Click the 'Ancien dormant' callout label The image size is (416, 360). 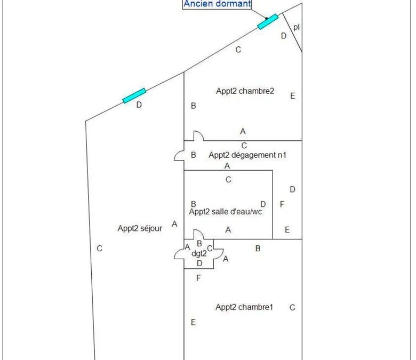pos(217,4)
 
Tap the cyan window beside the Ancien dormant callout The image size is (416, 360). pos(268,21)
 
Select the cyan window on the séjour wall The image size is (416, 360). pos(134,95)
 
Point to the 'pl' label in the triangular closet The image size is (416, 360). pos(297,27)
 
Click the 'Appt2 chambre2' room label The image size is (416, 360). pos(245,91)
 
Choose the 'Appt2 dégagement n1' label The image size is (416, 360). pos(247,155)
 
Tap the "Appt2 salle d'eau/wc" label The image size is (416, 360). pos(226,212)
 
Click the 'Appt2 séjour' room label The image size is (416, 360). pos(140,228)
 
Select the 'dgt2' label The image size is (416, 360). pos(199,254)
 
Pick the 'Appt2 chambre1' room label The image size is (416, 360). pos(244,307)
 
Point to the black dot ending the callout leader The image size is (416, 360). pos(267,19)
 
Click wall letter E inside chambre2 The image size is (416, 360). pos(293,96)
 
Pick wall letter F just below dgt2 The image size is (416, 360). pos(198,278)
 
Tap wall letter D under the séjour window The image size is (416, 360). pos(139,105)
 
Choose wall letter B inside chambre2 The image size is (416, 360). pos(194,106)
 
